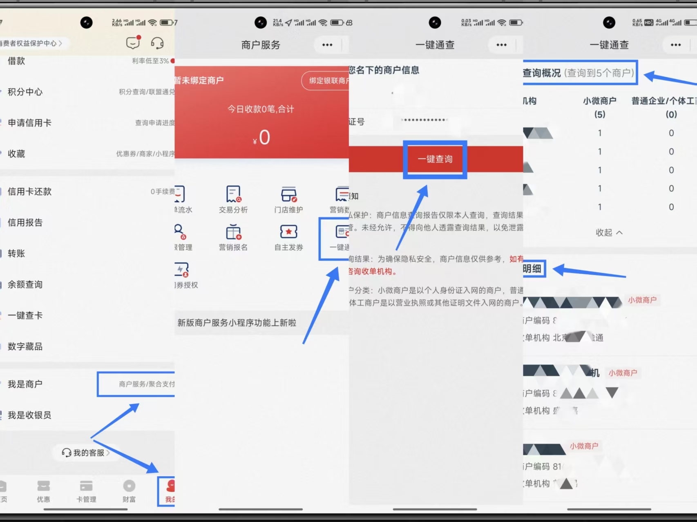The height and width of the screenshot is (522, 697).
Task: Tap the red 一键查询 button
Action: pyautogui.click(x=435, y=159)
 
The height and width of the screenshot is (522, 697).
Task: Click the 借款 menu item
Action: pyautogui.click(x=16, y=61)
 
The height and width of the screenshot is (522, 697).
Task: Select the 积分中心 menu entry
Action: pyautogui.click(x=25, y=92)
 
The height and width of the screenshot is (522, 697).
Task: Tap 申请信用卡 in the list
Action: pyautogui.click(x=29, y=123)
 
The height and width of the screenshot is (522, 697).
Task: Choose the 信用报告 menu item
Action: pyautogui.click(x=25, y=222)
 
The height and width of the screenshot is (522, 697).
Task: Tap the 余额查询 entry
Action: pyautogui.click(x=25, y=284)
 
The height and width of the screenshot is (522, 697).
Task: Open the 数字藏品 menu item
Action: pyautogui.click(x=25, y=347)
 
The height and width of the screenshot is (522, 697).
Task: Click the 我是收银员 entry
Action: pyautogui.click(x=29, y=415)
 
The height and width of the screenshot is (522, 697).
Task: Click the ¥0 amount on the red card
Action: pyautogui.click(x=261, y=138)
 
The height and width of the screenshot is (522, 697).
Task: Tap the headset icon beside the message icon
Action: pyautogui.click(x=157, y=43)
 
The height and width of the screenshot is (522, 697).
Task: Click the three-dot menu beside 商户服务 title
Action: pyautogui.click(x=327, y=45)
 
